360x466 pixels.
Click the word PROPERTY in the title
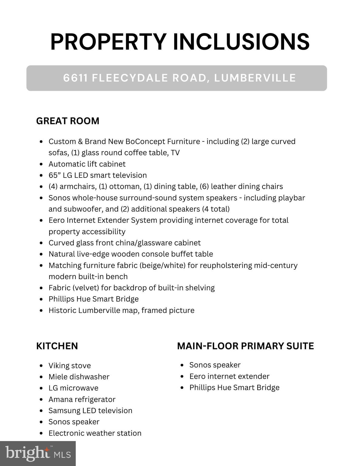pyautogui.click(x=108, y=42)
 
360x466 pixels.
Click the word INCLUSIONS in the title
pyautogui.click(x=241, y=42)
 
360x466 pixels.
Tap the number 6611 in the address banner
pyautogui.click(x=76, y=78)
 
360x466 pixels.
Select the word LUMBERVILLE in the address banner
pyautogui.click(x=255, y=78)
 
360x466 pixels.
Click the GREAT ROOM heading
pyautogui.click(x=68, y=121)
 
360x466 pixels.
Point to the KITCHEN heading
pyautogui.click(x=57, y=346)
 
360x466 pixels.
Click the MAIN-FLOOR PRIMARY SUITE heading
pyautogui.click(x=245, y=346)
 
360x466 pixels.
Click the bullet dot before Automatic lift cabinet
pyautogui.click(x=41, y=164)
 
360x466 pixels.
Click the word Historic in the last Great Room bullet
pyautogui.click(x=62, y=310)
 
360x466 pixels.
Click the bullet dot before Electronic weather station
pyautogui.click(x=41, y=433)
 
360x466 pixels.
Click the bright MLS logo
pyautogui.click(x=38, y=454)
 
